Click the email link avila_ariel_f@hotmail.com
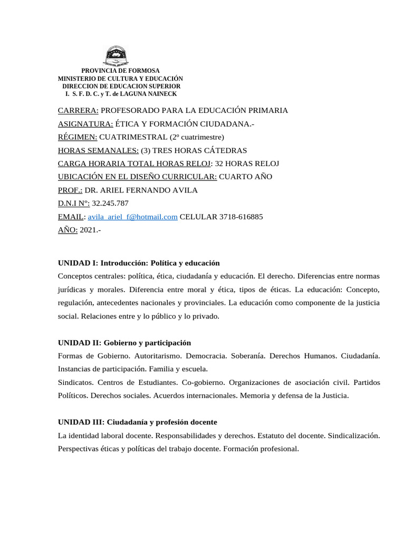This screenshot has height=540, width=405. coord(132,217)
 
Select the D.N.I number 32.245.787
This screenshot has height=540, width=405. coord(110,203)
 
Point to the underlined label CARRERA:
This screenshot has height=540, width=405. coord(78,110)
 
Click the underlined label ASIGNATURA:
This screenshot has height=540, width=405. coord(85,123)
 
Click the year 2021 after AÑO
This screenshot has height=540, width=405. coord(88,230)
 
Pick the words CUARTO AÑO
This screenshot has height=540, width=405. coord(246,177)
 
